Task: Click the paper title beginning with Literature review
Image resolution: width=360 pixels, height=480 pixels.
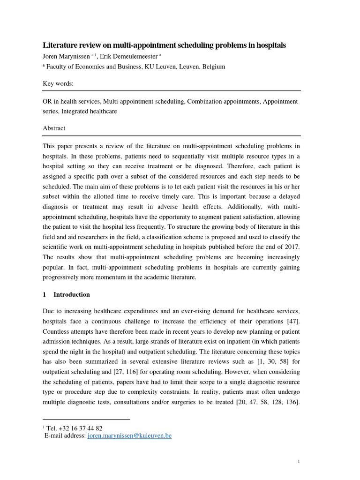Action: [x=164, y=45]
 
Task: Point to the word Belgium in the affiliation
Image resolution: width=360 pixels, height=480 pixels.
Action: [x=214, y=67]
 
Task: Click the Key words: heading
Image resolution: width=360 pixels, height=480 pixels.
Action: [x=58, y=83]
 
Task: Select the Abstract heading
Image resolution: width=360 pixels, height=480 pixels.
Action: [x=54, y=128]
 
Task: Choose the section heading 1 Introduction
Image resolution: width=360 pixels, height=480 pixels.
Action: [x=66, y=294]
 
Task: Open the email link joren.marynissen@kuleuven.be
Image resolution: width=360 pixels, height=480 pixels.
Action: [x=129, y=435]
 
